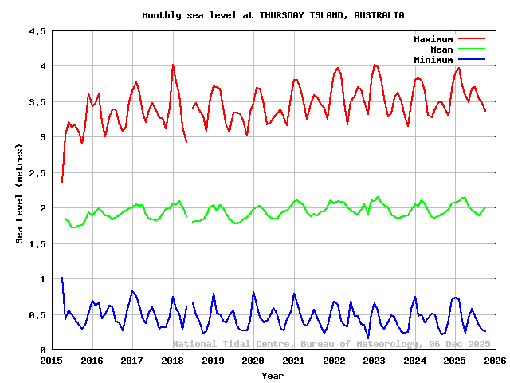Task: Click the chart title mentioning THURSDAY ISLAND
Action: [273, 15]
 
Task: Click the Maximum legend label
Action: [433, 39]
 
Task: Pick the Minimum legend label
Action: [433, 60]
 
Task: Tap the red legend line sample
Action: [471, 39]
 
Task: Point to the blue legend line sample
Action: [471, 60]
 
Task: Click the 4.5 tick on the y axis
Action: [37, 31]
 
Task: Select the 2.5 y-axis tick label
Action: [37, 173]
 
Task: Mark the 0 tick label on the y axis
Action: [42, 350]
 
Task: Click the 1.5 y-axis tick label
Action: [37, 244]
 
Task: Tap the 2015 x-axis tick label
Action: [52, 361]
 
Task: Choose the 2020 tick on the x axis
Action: [253, 361]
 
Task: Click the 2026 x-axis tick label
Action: [495, 361]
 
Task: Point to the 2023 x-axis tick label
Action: [375, 361]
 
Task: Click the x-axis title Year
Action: [273, 375]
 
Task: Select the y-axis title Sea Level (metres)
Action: [20, 191]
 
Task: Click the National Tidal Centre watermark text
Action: [331, 344]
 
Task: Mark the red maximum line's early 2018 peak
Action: [172, 65]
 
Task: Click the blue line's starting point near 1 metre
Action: [61, 278]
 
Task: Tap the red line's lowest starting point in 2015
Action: [61, 182]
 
